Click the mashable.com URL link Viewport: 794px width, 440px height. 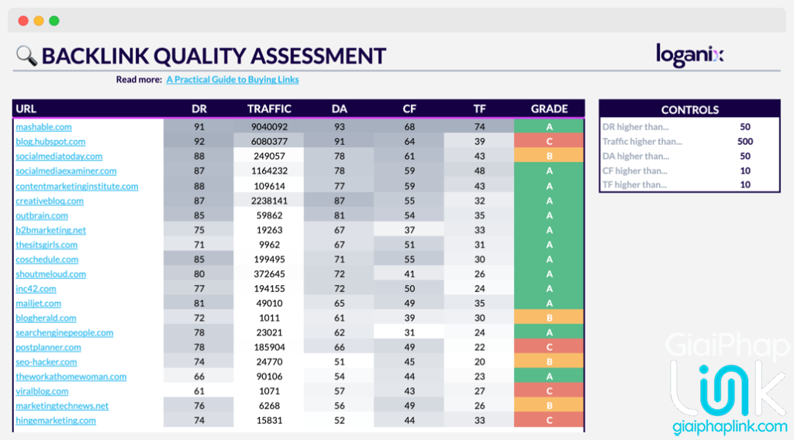43,127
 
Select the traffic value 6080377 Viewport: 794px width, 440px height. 269,142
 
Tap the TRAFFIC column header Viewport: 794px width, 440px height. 269,109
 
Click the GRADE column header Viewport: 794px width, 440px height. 549,109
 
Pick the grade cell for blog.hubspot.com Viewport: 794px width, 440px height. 549,142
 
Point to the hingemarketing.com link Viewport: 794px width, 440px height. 56,421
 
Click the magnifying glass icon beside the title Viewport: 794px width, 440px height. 26,56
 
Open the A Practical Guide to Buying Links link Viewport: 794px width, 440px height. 232,80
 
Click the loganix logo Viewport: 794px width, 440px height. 689,55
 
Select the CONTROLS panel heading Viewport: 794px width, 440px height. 689,110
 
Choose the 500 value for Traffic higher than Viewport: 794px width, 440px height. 745,142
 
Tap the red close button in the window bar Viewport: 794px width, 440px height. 23,21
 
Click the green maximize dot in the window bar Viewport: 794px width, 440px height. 54,21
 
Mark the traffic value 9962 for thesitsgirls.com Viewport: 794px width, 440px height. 269,245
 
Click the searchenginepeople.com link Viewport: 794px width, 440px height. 64,333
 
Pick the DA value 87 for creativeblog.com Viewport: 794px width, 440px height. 339,201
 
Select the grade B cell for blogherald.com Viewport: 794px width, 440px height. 549,318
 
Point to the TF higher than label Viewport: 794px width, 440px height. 635,185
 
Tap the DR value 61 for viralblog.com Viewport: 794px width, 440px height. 199,392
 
